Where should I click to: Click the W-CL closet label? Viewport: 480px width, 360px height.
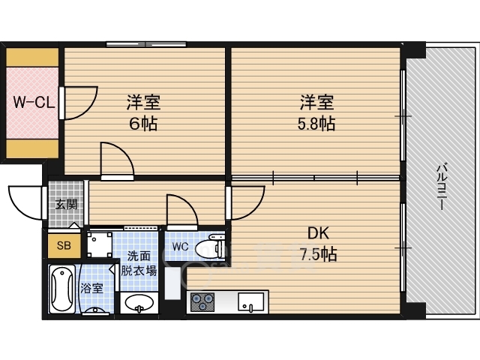[x=32, y=103]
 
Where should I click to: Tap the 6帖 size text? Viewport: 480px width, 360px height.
[x=142, y=124]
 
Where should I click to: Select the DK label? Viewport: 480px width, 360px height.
[x=318, y=233]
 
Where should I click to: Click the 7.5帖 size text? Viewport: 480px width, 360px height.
[x=318, y=255]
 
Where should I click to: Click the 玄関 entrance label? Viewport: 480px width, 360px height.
[x=65, y=203]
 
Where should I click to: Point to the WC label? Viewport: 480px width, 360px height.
[x=180, y=246]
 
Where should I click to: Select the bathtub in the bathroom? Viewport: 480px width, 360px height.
[x=62, y=289]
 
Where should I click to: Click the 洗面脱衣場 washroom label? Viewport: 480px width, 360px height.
[x=140, y=263]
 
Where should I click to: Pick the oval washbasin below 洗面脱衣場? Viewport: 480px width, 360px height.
[x=138, y=303]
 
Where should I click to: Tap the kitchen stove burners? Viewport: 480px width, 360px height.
[x=202, y=302]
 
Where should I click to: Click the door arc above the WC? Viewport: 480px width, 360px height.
[x=182, y=209]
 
